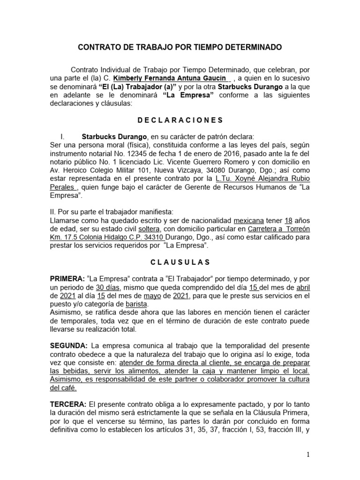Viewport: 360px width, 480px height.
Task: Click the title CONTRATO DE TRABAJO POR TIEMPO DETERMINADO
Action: click(180, 47)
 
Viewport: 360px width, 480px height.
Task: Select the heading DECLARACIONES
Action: click(180, 120)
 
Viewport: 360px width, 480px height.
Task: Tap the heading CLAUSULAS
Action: click(180, 262)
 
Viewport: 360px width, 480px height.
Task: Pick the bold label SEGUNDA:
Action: click(69, 345)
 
